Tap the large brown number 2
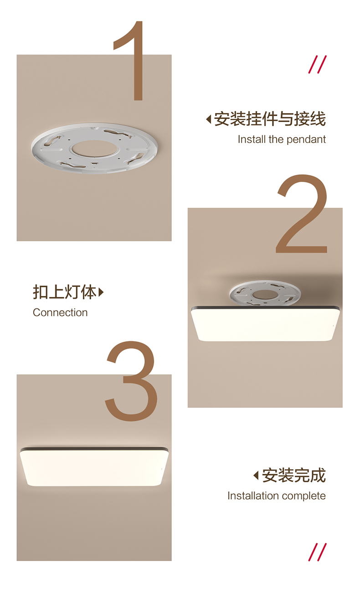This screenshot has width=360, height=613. pyautogui.click(x=302, y=214)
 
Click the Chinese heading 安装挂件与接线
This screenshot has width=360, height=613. pyautogui.click(x=270, y=119)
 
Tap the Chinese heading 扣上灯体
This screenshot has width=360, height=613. pyautogui.click(x=65, y=292)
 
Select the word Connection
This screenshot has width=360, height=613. pyautogui.click(x=60, y=312)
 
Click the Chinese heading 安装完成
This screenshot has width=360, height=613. pyautogui.click(x=294, y=475)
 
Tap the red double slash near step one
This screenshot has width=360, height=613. pyautogui.click(x=318, y=64)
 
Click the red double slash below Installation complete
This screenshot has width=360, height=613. pyautogui.click(x=318, y=552)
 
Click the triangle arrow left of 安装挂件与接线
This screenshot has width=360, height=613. pyautogui.click(x=209, y=119)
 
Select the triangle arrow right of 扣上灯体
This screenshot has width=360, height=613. pyautogui.click(x=101, y=292)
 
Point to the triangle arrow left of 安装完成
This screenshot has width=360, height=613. pyautogui.click(x=256, y=475)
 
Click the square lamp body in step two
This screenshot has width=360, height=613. pyautogui.click(x=265, y=324)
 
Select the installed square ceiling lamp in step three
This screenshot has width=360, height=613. pyautogui.click(x=94, y=467)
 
